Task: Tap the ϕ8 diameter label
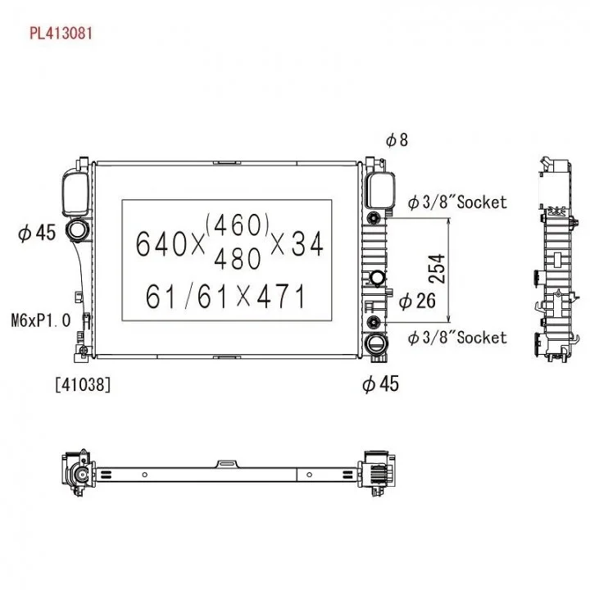click(x=396, y=140)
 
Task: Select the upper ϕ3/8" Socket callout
click(x=457, y=202)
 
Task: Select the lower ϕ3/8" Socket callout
click(x=457, y=337)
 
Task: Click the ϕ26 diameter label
click(x=417, y=302)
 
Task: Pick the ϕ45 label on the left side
click(x=36, y=234)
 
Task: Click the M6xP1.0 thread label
click(x=41, y=319)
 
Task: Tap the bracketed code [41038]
click(x=82, y=383)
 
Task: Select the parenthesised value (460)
click(x=238, y=223)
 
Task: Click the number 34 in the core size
click(x=307, y=243)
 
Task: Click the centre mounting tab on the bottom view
click(x=227, y=464)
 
